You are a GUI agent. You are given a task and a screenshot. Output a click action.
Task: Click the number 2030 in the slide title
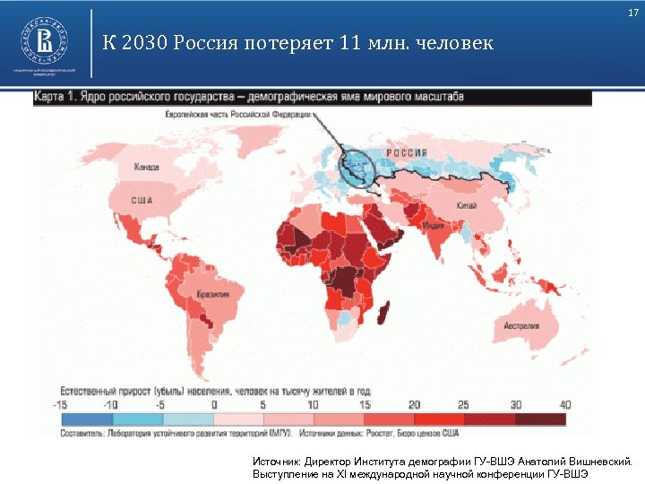click(x=143, y=43)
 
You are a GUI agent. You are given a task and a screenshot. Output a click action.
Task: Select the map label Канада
click(x=146, y=168)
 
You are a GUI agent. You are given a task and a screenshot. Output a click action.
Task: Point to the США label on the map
click(x=143, y=200)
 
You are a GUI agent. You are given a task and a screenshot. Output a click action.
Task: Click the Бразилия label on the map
click(x=213, y=294)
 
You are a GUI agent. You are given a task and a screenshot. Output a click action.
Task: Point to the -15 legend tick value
click(x=62, y=404)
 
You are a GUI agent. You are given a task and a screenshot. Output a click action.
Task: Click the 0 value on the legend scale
click(x=215, y=404)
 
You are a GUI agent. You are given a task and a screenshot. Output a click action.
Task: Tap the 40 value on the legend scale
click(x=564, y=404)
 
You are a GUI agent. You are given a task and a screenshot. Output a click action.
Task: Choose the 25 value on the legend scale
click(x=463, y=404)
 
